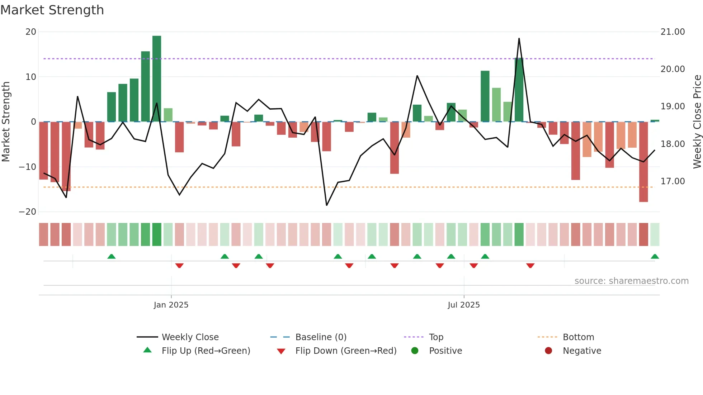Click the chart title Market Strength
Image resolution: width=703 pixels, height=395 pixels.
point(52,10)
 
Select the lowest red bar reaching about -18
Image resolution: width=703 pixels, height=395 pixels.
point(643,162)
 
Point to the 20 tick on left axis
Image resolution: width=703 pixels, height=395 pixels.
point(31,32)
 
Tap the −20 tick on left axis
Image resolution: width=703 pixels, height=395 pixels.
point(28,212)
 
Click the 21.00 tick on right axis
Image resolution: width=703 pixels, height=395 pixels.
point(673,32)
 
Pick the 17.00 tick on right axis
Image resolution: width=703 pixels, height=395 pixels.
point(673,181)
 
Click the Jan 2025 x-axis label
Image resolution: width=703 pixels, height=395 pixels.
point(171,305)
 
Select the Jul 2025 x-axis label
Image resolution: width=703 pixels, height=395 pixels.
point(463,305)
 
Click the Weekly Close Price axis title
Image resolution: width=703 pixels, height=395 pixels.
point(697,122)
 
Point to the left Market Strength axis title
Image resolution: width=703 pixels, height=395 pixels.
point(6,122)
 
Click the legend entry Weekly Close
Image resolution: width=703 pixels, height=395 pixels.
point(190,337)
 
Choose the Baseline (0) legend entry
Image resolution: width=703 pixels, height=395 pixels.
point(321,337)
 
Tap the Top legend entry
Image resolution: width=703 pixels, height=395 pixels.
point(436,337)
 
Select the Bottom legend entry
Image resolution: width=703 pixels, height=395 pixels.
point(578,337)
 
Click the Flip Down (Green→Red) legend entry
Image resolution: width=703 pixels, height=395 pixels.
point(345,351)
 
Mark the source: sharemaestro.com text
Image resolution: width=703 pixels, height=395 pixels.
point(631,281)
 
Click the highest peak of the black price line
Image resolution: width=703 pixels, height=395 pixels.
point(519,39)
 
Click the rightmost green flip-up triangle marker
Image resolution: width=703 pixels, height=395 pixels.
point(655,257)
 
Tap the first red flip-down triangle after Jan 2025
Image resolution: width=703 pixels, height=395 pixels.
point(179,266)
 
